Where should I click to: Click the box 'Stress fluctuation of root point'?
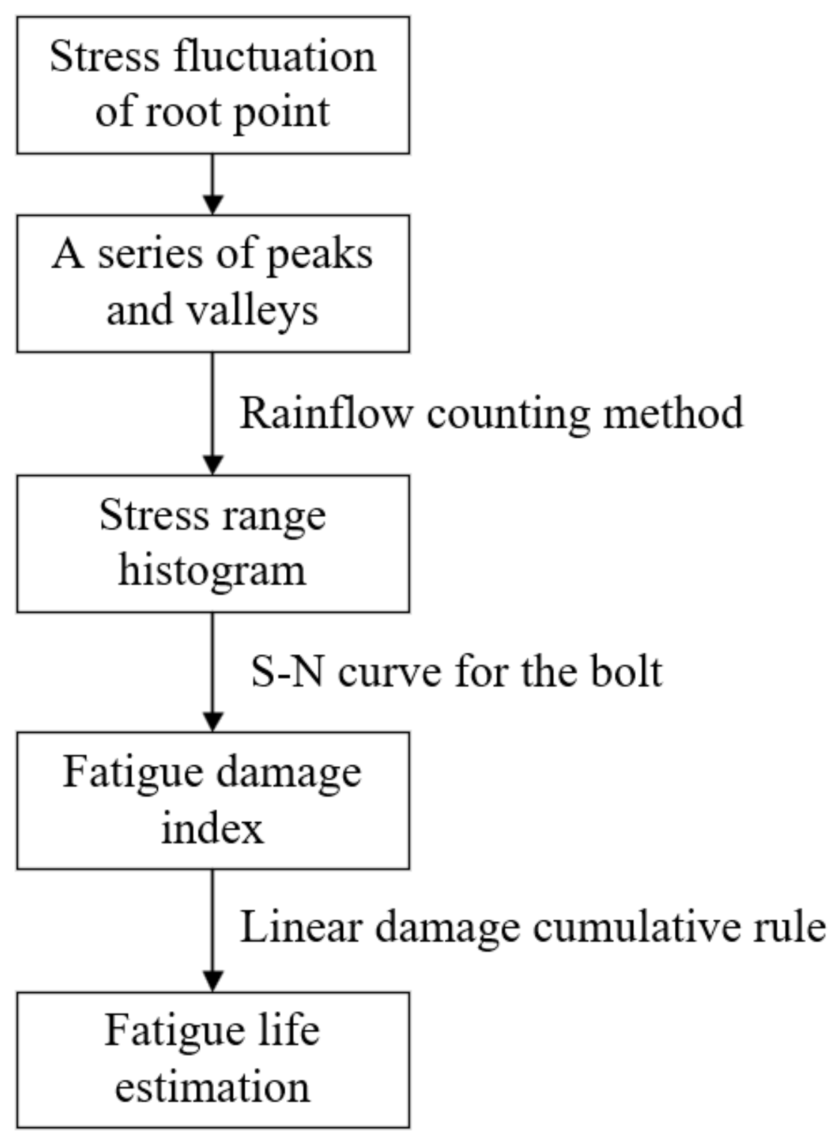coord(212,85)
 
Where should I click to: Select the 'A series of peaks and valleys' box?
coord(212,283)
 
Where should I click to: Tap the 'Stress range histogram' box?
coord(212,544)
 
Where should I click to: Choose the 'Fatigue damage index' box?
coord(212,800)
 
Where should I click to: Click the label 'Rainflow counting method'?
coord(491,414)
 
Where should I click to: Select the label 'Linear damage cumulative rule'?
coord(533,928)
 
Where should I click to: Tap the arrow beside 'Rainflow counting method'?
coord(212,413)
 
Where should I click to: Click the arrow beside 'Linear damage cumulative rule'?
coord(212,929)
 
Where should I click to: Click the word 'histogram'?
coord(212,571)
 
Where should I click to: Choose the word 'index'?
coord(212,828)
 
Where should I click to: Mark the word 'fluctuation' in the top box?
coord(274,57)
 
